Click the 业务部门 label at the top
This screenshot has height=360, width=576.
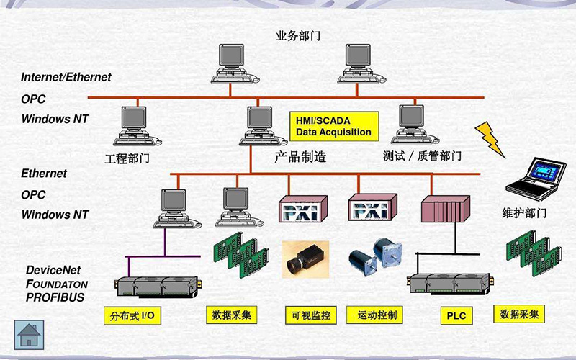pos(298,35)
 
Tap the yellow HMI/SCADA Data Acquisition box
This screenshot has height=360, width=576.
pos(333,126)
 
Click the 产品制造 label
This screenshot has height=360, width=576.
pos(300,156)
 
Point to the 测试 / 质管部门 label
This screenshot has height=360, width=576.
pos(423,156)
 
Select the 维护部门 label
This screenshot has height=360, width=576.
pos(524,213)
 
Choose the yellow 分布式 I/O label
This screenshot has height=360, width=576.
pos(132,316)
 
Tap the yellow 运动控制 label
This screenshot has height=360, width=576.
pos(374,315)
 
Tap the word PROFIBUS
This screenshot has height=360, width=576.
pos(55,297)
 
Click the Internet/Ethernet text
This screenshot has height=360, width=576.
pos(66,77)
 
